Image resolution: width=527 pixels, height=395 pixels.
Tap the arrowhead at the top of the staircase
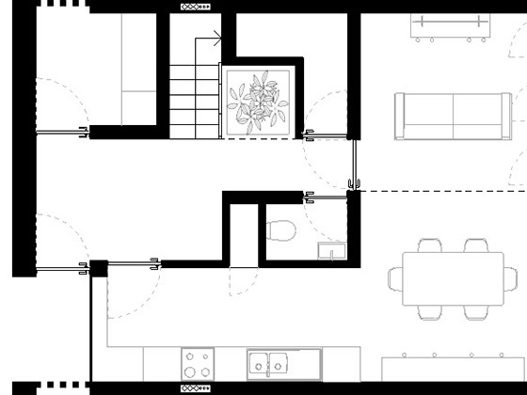point(217,39)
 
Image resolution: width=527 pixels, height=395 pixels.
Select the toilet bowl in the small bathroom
point(279,229)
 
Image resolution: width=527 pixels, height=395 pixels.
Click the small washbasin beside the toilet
point(331,249)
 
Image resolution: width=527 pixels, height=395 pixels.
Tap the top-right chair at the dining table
point(476,248)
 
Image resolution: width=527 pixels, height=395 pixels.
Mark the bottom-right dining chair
point(476,308)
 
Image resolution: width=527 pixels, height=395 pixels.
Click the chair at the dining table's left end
point(397,278)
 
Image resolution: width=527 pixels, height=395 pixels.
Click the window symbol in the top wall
point(196,6)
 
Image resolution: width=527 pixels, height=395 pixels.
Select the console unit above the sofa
point(453,29)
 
